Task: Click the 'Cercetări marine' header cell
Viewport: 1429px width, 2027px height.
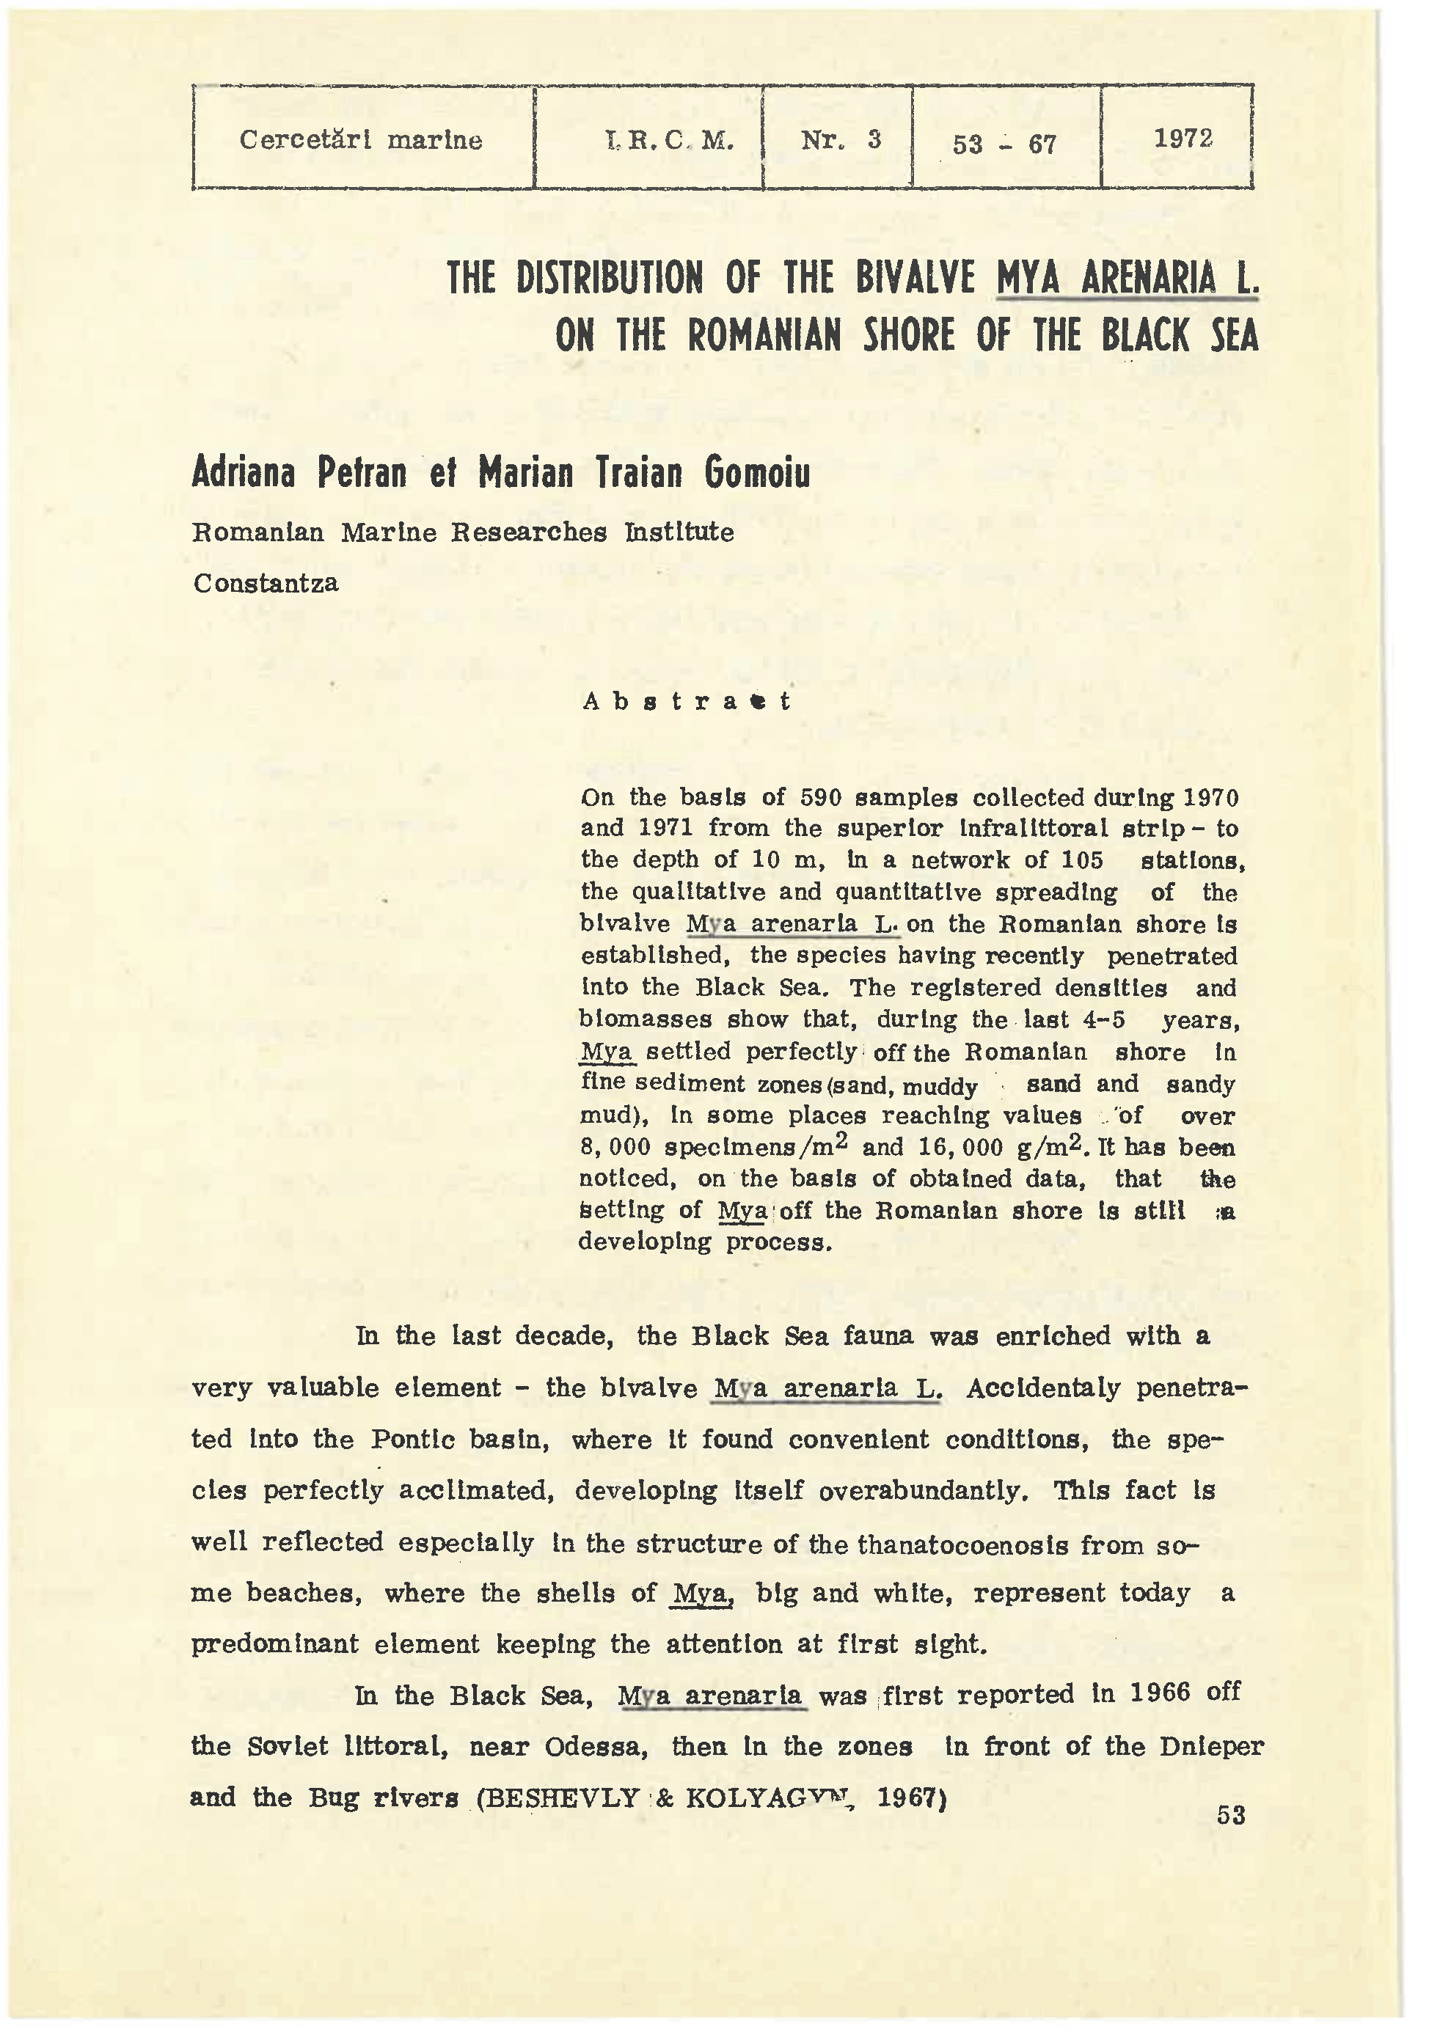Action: pyautogui.click(x=360, y=139)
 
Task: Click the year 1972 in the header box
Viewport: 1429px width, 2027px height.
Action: pyautogui.click(x=1183, y=138)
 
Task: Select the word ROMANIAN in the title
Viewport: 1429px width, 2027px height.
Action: pyautogui.click(x=764, y=335)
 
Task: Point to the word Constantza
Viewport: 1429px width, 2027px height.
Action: pyautogui.click(x=266, y=584)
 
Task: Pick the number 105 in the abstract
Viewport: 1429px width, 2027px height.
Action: pyautogui.click(x=1071, y=860)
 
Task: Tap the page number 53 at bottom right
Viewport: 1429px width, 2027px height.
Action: pyautogui.click(x=1230, y=1815)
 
